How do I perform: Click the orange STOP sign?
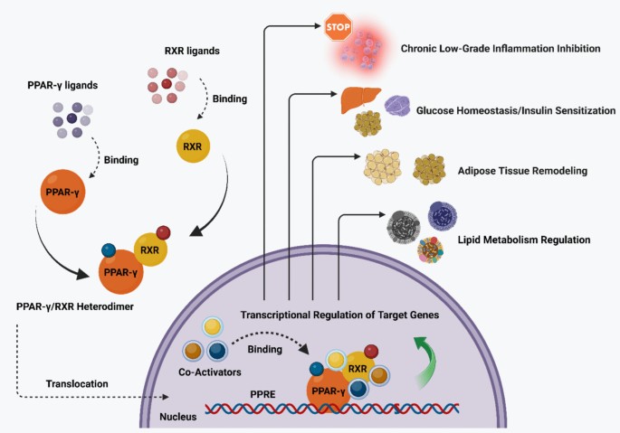click(x=339, y=27)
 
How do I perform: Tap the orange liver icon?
click(x=360, y=99)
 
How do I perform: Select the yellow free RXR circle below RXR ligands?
click(x=193, y=146)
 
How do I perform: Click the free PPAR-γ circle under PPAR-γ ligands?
click(x=62, y=192)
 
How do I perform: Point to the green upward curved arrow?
click(x=426, y=360)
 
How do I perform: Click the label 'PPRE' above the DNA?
click(x=262, y=394)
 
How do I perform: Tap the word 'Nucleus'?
click(x=178, y=417)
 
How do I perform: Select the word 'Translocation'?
click(x=77, y=384)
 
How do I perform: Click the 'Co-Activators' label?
click(x=210, y=372)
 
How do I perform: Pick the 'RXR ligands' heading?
click(x=192, y=51)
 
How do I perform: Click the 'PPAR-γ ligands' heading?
click(x=62, y=85)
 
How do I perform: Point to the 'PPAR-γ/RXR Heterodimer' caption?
click(x=75, y=306)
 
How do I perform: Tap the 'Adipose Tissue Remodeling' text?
click(x=523, y=171)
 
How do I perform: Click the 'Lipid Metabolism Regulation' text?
click(x=524, y=240)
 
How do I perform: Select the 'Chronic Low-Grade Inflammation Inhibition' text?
click(x=501, y=49)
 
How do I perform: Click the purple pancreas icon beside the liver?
click(x=397, y=106)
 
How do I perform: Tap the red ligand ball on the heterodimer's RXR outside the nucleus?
click(x=163, y=232)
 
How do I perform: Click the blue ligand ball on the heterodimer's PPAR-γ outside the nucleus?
click(x=109, y=250)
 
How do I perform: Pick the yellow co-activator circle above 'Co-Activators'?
click(x=213, y=327)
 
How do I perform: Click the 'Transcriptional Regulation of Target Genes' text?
click(x=339, y=315)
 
